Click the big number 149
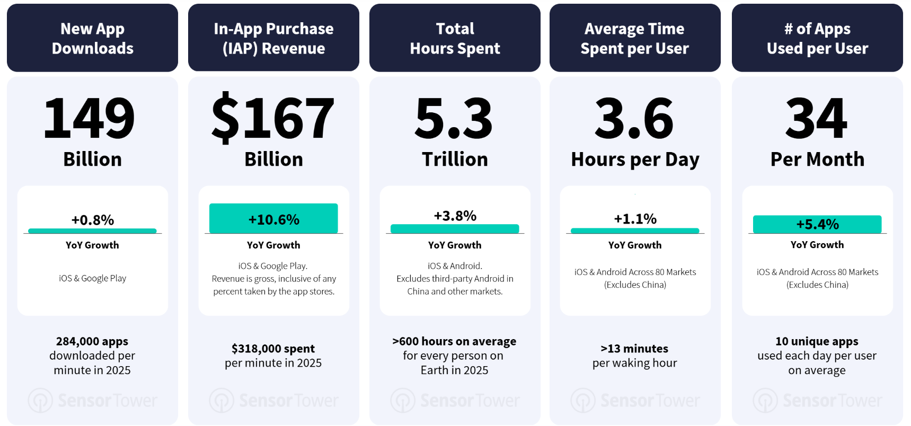[x=89, y=118]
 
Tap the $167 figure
[x=273, y=118]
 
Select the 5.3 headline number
[x=454, y=118]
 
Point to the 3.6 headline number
[x=634, y=118]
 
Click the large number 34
[x=817, y=118]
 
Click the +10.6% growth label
[x=273, y=219]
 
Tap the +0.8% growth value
[x=93, y=220]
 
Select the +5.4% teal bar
[x=817, y=224]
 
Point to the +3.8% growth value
[x=455, y=216]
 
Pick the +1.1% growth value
[x=635, y=219]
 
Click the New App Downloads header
[x=92, y=38]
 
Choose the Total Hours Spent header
[x=455, y=38]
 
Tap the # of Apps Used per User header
[x=817, y=38]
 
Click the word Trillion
[x=455, y=159]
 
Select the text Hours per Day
[x=635, y=159]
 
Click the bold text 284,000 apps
[x=92, y=341]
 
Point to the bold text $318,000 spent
[x=273, y=349]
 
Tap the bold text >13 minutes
[x=634, y=349]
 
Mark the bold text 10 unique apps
[x=817, y=341]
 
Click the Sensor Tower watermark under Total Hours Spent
[x=455, y=401]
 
